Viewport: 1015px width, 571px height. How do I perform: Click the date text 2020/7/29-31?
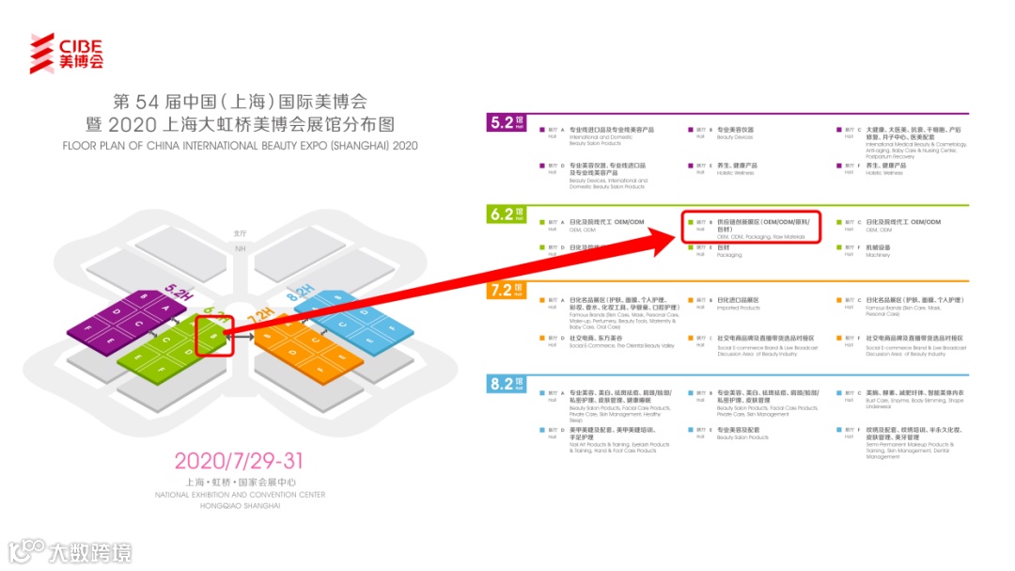tap(239, 461)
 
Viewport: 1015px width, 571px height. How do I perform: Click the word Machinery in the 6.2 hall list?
tap(879, 255)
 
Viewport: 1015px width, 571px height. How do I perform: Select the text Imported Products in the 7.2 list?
tap(738, 308)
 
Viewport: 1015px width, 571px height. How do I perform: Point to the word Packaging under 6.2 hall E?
tap(729, 255)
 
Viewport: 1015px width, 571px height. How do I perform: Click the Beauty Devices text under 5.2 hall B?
tap(735, 137)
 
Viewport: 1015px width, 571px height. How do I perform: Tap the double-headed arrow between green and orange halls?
tap(242, 334)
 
